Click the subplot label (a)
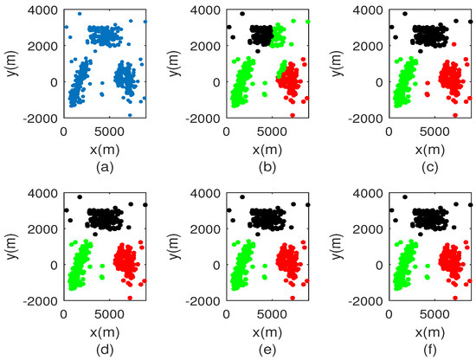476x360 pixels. click(105, 167)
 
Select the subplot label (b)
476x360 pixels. click(268, 167)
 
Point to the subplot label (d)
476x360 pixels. click(105, 350)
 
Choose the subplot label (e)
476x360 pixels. click(268, 350)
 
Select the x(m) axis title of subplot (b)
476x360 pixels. click(268, 149)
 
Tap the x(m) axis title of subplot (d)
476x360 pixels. click(105, 331)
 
